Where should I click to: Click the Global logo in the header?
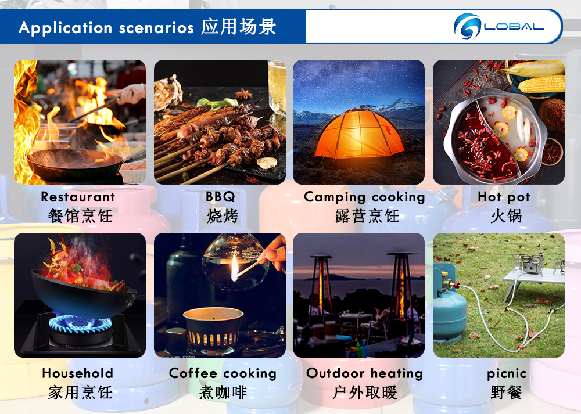498,26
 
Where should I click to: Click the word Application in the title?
65,28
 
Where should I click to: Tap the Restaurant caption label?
78,197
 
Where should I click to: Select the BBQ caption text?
220,197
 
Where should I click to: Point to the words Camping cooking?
364,197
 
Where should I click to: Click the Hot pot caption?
504,197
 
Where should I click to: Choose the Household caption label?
77,373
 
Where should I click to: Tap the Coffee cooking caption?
223,373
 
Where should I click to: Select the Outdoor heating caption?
365,373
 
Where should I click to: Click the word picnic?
507,373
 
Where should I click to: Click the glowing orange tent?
358,135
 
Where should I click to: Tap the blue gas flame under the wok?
80,323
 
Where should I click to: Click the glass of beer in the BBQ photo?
277,88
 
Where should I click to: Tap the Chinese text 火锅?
506,216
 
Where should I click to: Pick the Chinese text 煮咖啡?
223,393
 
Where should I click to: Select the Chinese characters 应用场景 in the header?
239,27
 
